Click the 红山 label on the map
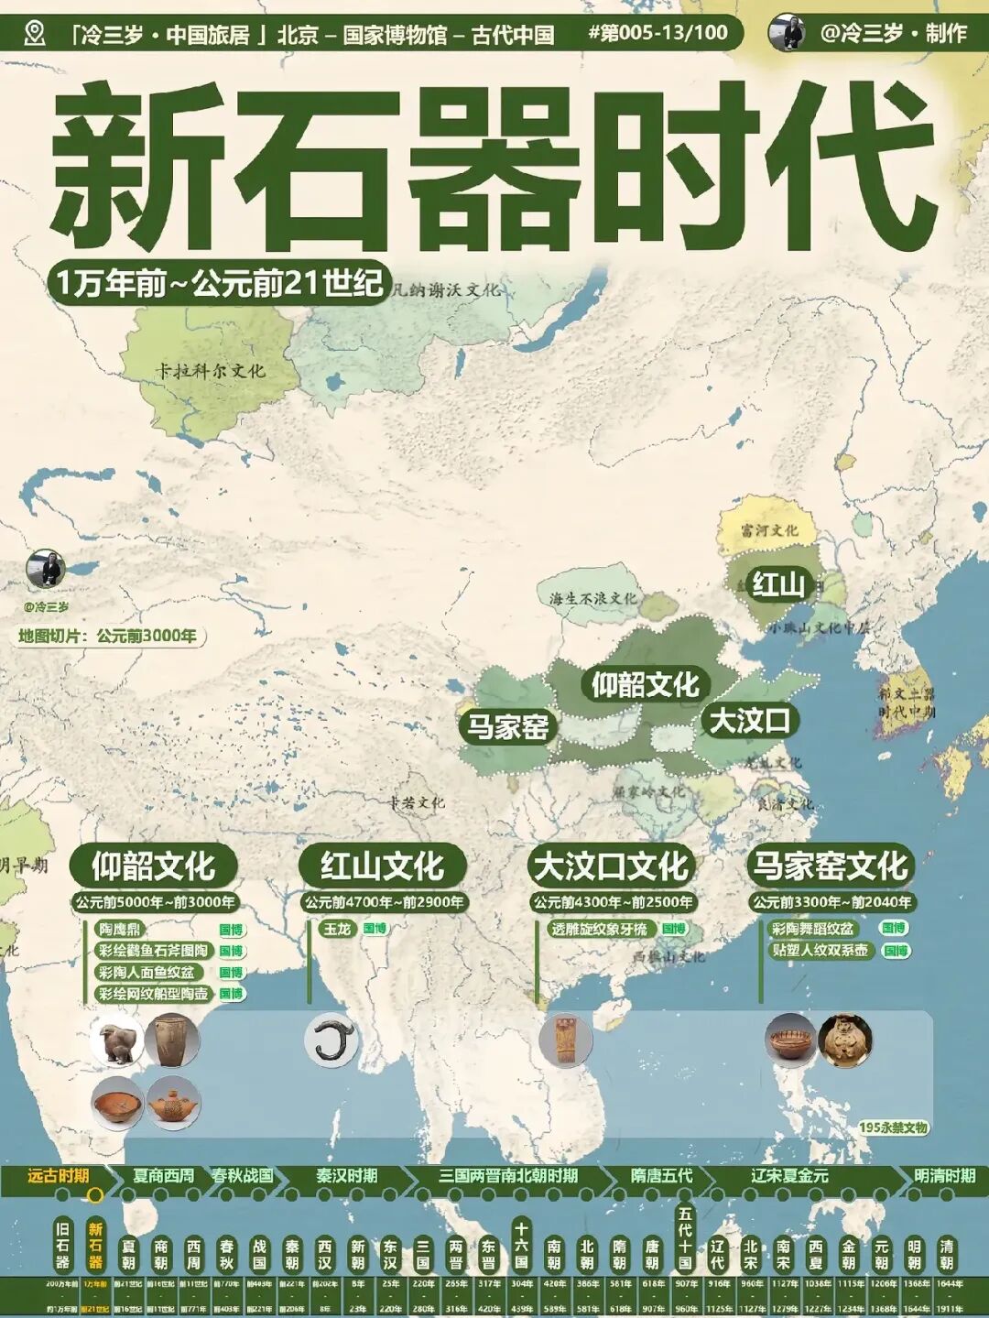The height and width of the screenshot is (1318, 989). point(777,583)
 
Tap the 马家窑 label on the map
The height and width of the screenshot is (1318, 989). point(507,727)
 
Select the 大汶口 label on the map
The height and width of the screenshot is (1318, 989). point(750,721)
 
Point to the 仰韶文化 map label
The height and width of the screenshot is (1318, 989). point(644,683)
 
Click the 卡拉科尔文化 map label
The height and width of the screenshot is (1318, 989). point(210,371)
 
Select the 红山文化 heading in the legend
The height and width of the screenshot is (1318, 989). point(382,866)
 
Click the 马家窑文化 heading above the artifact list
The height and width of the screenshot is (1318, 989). point(830,866)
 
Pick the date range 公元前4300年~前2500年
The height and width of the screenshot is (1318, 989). point(613,902)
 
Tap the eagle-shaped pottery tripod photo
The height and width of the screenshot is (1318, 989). point(118,1041)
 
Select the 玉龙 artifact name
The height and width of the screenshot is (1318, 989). point(337,929)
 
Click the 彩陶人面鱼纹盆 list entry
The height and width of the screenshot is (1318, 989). point(147,972)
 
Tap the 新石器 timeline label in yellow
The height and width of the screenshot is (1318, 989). point(95,1245)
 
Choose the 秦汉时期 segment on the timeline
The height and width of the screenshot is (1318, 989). point(347,1176)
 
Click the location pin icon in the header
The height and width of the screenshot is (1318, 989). point(35,34)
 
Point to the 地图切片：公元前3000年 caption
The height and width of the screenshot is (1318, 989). point(108,636)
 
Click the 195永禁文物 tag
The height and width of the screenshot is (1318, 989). point(893,1127)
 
